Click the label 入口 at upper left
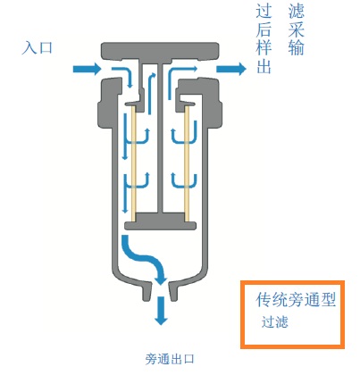(37, 47)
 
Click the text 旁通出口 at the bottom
(169, 360)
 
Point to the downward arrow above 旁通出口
(162, 310)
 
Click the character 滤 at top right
(296, 11)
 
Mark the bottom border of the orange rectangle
(291, 346)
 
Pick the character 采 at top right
(296, 29)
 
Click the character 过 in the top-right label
(264, 11)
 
